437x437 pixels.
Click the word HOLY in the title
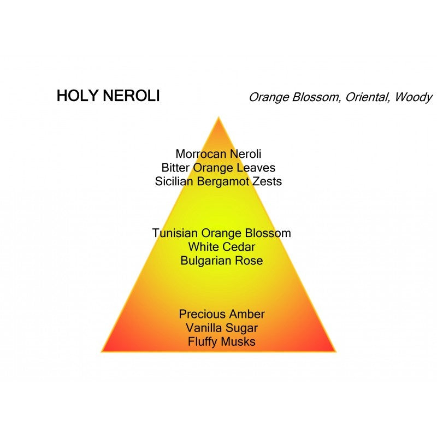[75, 97]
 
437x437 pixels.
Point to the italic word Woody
[414, 98]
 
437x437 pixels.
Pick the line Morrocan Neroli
[218, 154]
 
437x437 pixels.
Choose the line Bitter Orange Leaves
[218, 168]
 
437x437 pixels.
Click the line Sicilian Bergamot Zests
[218, 181]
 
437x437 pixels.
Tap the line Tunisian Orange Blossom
[221, 233]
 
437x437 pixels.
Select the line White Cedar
[221, 247]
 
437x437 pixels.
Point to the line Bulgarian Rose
[221, 261]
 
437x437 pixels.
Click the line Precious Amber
[221, 314]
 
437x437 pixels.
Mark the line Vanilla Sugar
[221, 328]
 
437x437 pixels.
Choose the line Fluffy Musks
[221, 342]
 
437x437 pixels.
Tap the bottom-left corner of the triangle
[102, 351]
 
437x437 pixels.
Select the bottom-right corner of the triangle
[335, 351]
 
